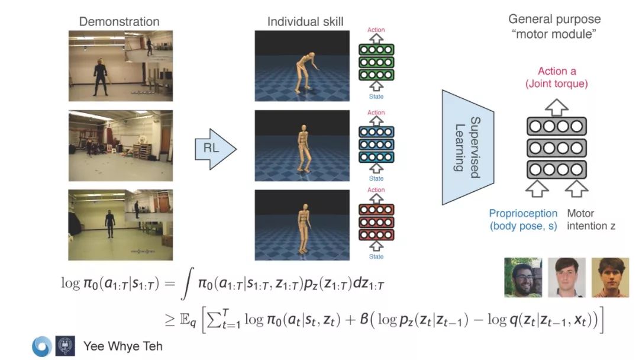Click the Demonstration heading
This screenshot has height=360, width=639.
(x=119, y=22)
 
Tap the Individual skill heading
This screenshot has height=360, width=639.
(x=305, y=22)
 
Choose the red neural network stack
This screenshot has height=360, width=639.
(x=376, y=223)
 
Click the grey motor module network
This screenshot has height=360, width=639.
(x=556, y=148)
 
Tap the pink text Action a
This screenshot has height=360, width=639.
(x=557, y=72)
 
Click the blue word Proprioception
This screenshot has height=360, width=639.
(x=523, y=213)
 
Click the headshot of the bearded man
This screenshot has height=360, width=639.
(x=522, y=277)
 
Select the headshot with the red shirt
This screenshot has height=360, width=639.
(x=609, y=277)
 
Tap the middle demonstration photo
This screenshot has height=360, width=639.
(x=121, y=144)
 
